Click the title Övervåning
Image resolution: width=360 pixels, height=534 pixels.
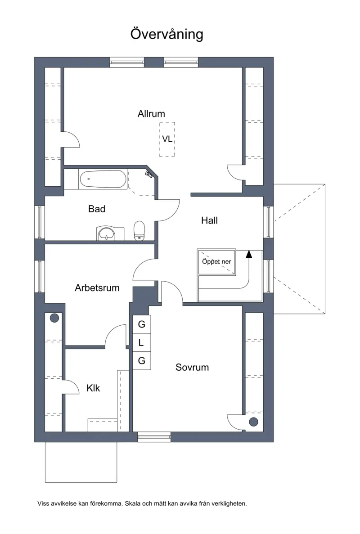(x=167, y=34)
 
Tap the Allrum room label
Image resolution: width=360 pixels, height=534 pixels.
(x=151, y=114)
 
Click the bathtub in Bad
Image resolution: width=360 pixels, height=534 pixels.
(x=103, y=179)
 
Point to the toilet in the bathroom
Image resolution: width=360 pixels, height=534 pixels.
(x=139, y=231)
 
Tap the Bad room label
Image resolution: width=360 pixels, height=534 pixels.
(x=97, y=209)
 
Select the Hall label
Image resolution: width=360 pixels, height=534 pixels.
(x=209, y=220)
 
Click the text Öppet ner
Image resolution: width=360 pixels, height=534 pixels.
(x=216, y=261)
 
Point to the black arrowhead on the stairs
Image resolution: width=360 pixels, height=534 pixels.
(x=249, y=254)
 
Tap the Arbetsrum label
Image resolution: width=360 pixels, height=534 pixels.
(x=97, y=288)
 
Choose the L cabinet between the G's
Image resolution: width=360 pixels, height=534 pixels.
(x=141, y=343)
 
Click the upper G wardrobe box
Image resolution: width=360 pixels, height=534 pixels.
(x=141, y=324)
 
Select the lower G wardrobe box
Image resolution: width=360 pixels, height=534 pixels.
(x=141, y=361)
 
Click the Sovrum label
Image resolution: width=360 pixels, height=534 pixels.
(x=192, y=367)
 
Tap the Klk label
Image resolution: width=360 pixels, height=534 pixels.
(x=93, y=388)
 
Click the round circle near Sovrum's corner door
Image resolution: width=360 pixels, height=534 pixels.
(x=253, y=422)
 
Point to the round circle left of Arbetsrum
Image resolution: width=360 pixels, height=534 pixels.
(x=54, y=318)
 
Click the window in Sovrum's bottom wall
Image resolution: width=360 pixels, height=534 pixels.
(x=154, y=436)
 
